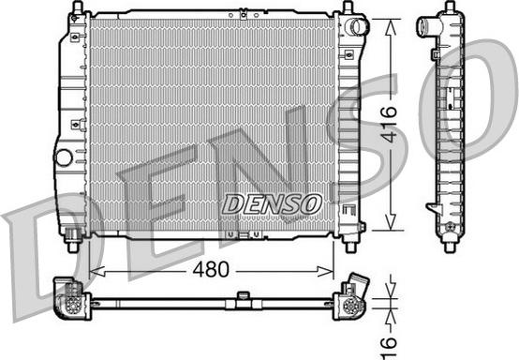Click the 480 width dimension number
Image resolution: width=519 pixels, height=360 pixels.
(211, 269)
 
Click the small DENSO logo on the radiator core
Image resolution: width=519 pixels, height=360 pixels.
(272, 203)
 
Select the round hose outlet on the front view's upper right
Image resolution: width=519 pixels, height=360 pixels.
(357, 27)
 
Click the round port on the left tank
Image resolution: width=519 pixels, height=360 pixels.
(64, 157)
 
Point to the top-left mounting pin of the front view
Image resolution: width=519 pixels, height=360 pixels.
(78, 7)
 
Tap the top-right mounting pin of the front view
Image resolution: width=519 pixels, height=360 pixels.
(348, 7)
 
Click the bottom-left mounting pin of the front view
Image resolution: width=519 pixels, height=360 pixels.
(73, 246)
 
